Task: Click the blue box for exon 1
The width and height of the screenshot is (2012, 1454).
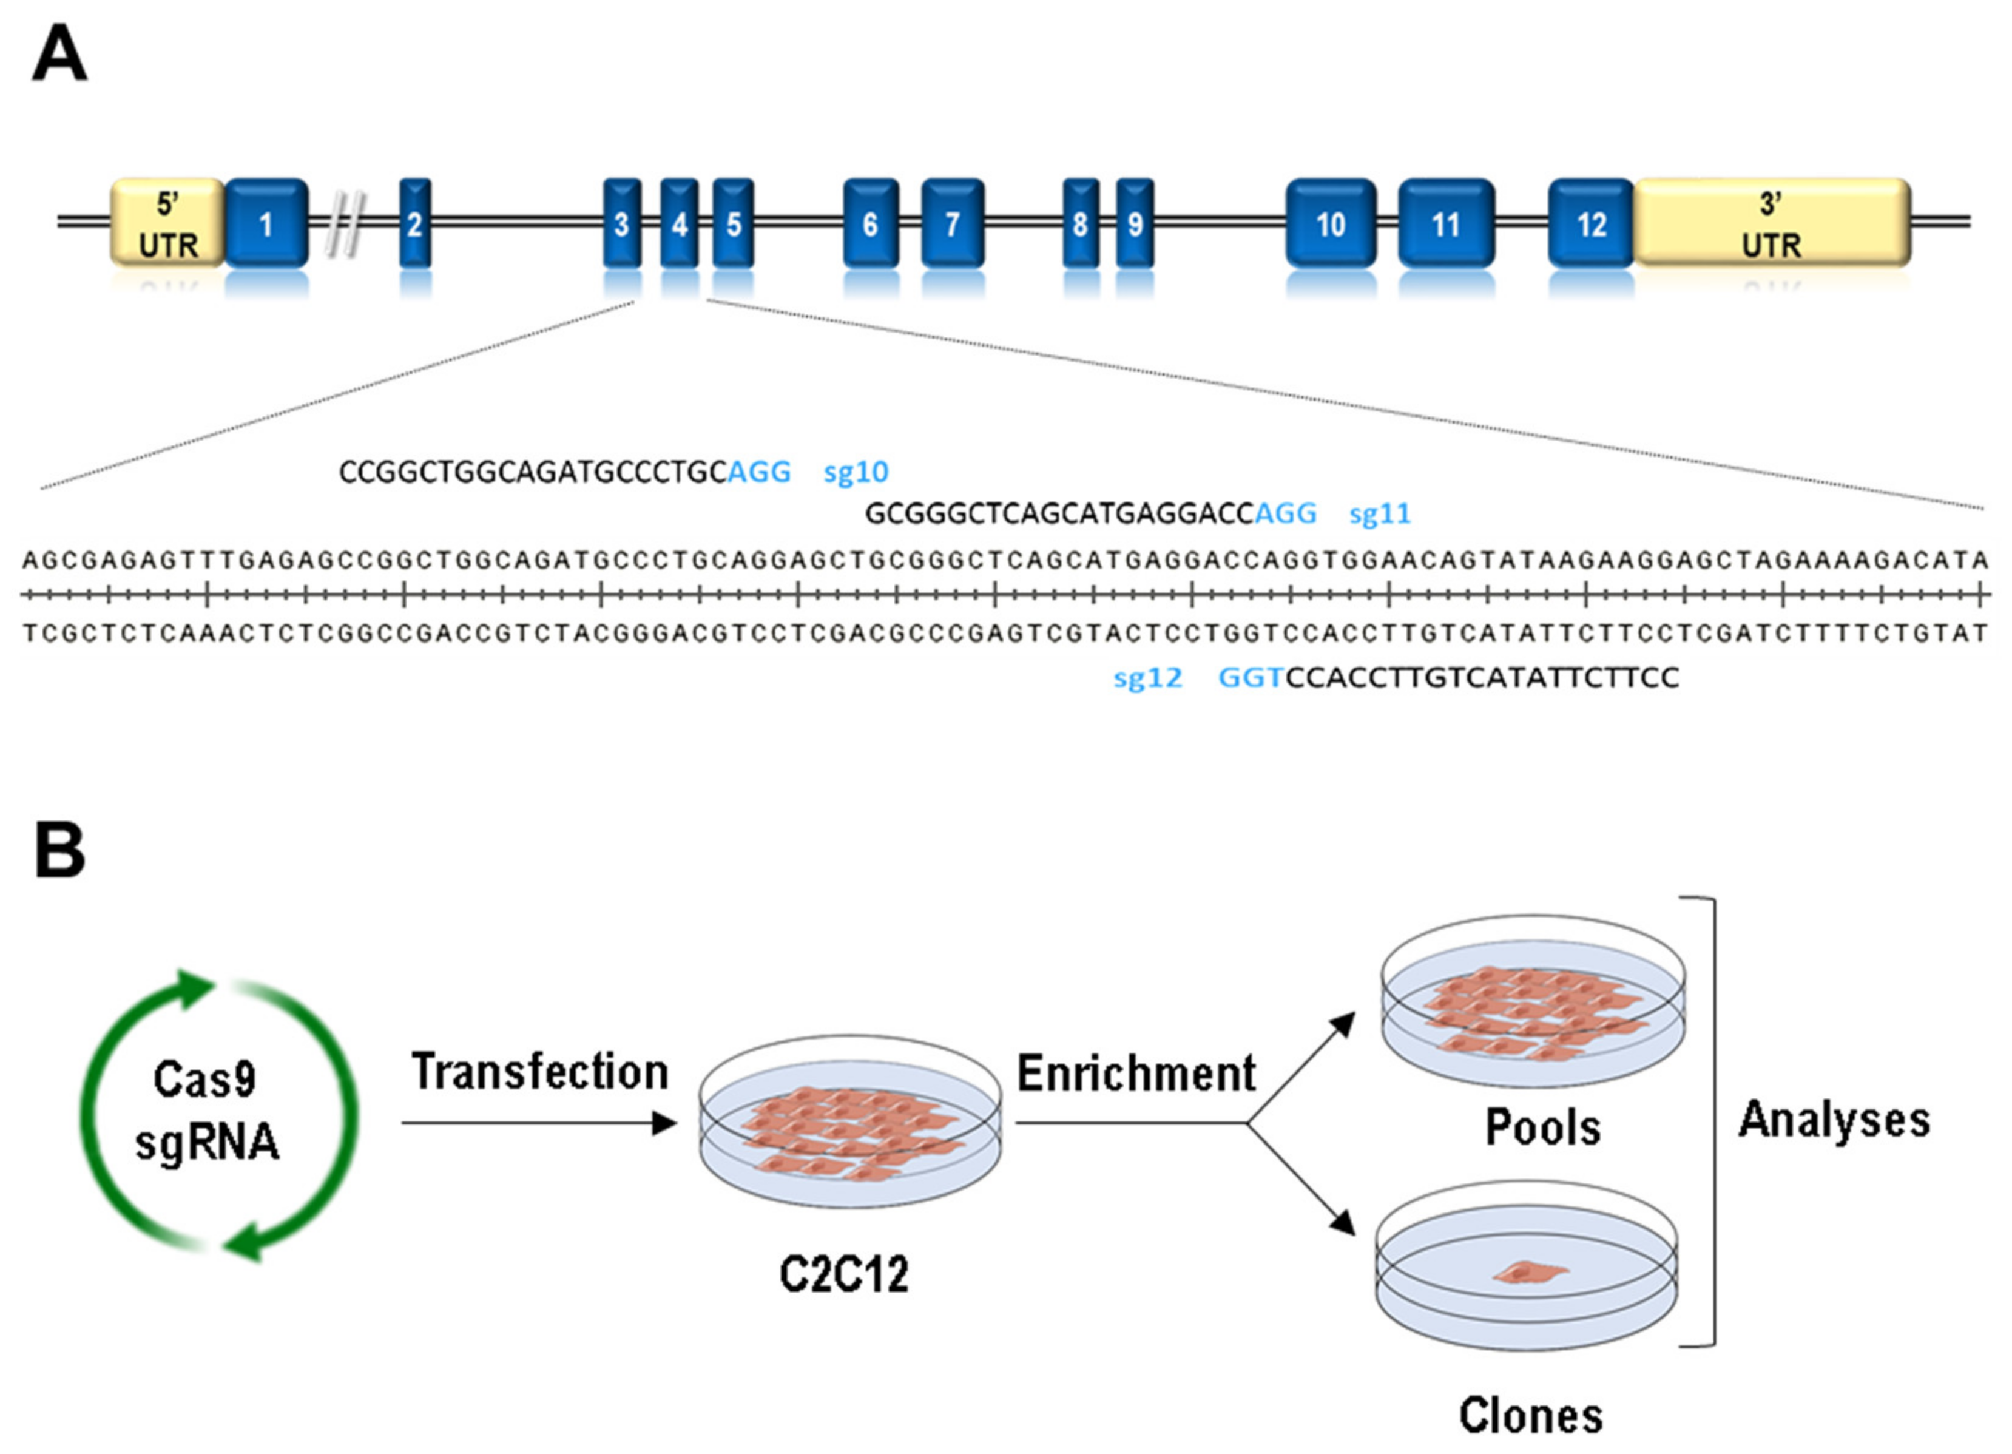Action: (x=266, y=223)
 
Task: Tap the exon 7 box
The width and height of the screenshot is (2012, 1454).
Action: (x=952, y=223)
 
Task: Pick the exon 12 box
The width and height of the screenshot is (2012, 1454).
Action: (x=1591, y=223)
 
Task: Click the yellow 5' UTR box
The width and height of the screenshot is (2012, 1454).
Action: (x=167, y=223)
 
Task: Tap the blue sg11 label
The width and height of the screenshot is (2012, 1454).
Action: (x=1380, y=513)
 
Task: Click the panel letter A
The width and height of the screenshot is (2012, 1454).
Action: (x=59, y=55)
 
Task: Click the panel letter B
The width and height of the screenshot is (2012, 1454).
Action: (x=59, y=850)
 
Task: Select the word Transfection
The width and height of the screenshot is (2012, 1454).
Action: (x=539, y=1072)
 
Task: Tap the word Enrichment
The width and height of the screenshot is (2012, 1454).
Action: (x=1135, y=1074)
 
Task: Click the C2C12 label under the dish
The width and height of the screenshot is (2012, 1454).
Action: (x=843, y=1276)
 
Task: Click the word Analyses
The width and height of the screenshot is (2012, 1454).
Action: (x=1834, y=1120)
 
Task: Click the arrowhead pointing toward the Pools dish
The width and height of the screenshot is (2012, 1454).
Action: (x=1344, y=1024)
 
